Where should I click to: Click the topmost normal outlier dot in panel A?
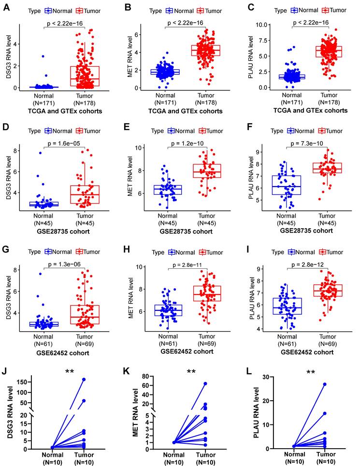click(43, 57)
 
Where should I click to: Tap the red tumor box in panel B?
click(206, 51)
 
